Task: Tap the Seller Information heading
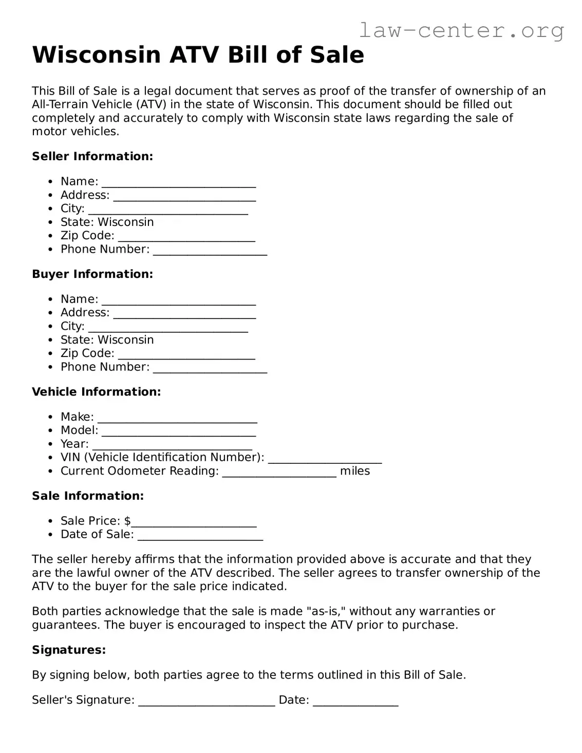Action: tap(92, 156)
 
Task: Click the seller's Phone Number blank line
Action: tap(210, 251)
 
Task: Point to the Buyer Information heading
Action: tap(92, 274)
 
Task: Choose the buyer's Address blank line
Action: tap(184, 314)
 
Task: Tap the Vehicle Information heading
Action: tap(97, 391)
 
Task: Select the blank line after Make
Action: tap(177, 419)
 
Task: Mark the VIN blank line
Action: tap(325, 459)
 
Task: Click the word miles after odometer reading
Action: tap(355, 471)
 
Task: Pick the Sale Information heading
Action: tap(88, 496)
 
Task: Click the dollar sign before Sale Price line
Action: tap(127, 521)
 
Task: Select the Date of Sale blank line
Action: tap(200, 536)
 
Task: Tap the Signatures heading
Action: tap(69, 650)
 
